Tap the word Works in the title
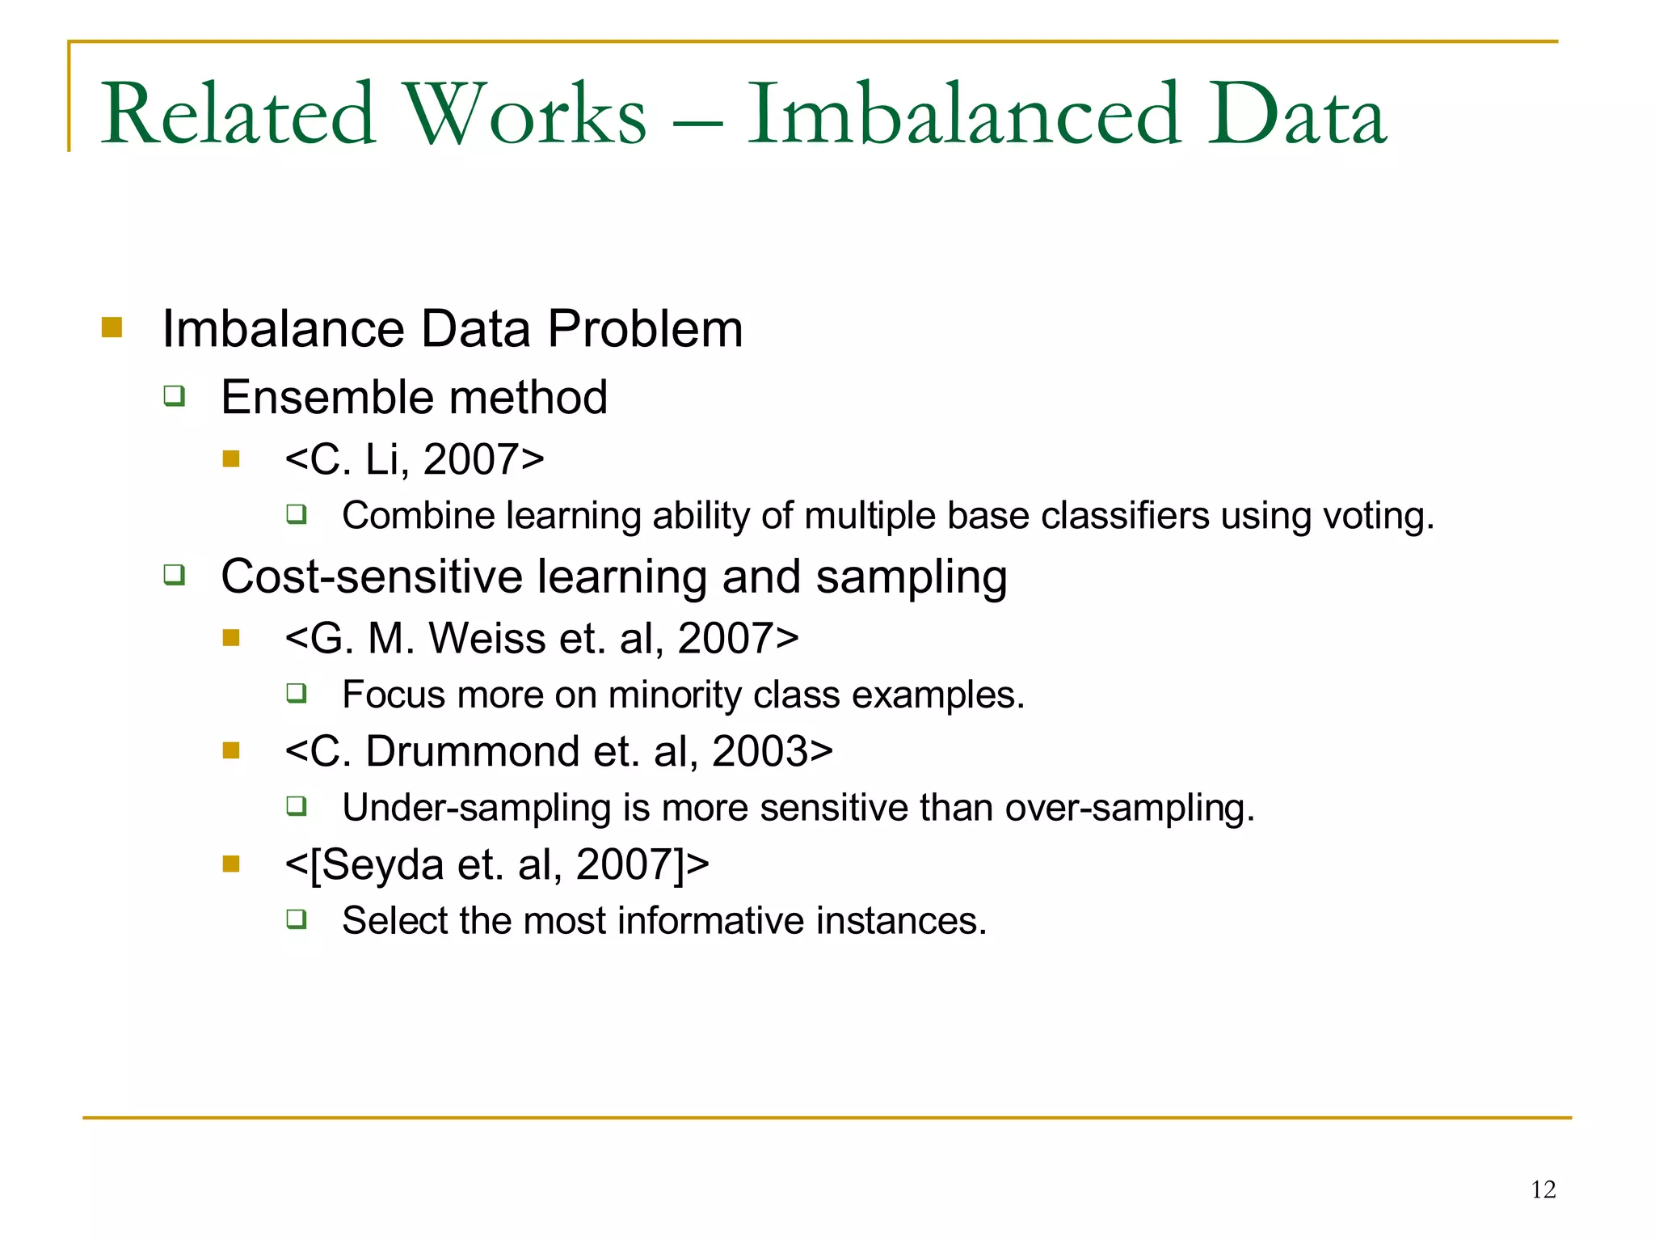pos(525,115)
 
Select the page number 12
pos(1543,1189)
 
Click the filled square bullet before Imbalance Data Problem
pos(112,327)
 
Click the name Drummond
pos(473,751)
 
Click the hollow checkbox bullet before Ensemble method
pos(175,396)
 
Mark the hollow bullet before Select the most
pos(297,919)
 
